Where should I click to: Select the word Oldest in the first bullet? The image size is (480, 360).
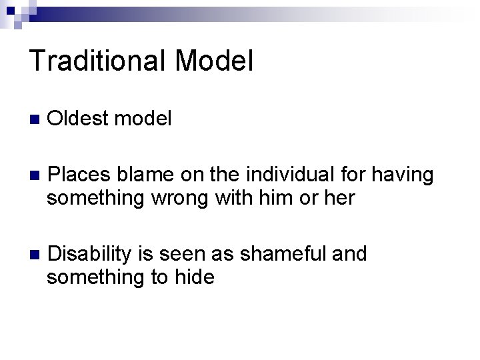coord(79,119)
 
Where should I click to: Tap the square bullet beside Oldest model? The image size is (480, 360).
coord(34,120)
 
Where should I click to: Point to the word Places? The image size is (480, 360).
coord(80,175)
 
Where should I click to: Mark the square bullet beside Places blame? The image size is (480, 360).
coord(34,177)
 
